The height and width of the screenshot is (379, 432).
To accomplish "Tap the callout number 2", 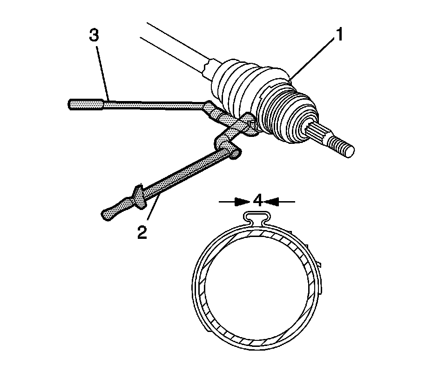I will (x=142, y=231).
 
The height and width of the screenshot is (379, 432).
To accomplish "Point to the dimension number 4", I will (x=258, y=201).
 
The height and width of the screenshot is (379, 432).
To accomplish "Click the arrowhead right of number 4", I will (x=274, y=202).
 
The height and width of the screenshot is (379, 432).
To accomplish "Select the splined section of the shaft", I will (x=319, y=132).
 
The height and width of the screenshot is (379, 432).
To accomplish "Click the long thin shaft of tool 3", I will (x=154, y=105).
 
